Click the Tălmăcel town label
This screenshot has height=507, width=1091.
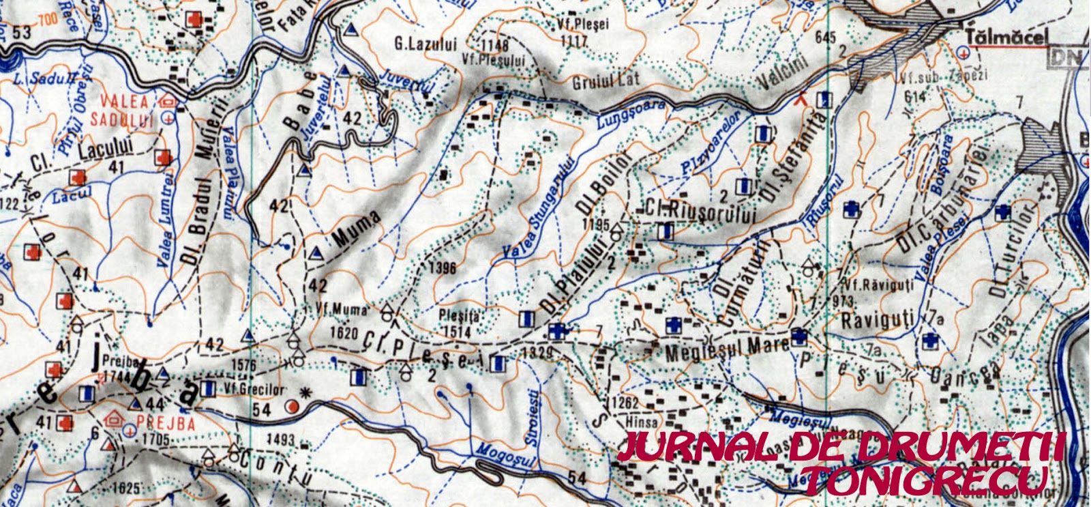click(x=1006, y=38)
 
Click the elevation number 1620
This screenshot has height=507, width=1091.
click(x=343, y=333)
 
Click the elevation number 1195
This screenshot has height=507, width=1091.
click(x=595, y=224)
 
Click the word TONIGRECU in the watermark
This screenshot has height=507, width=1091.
click(x=925, y=481)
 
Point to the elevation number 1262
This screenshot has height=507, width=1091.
click(x=625, y=402)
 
